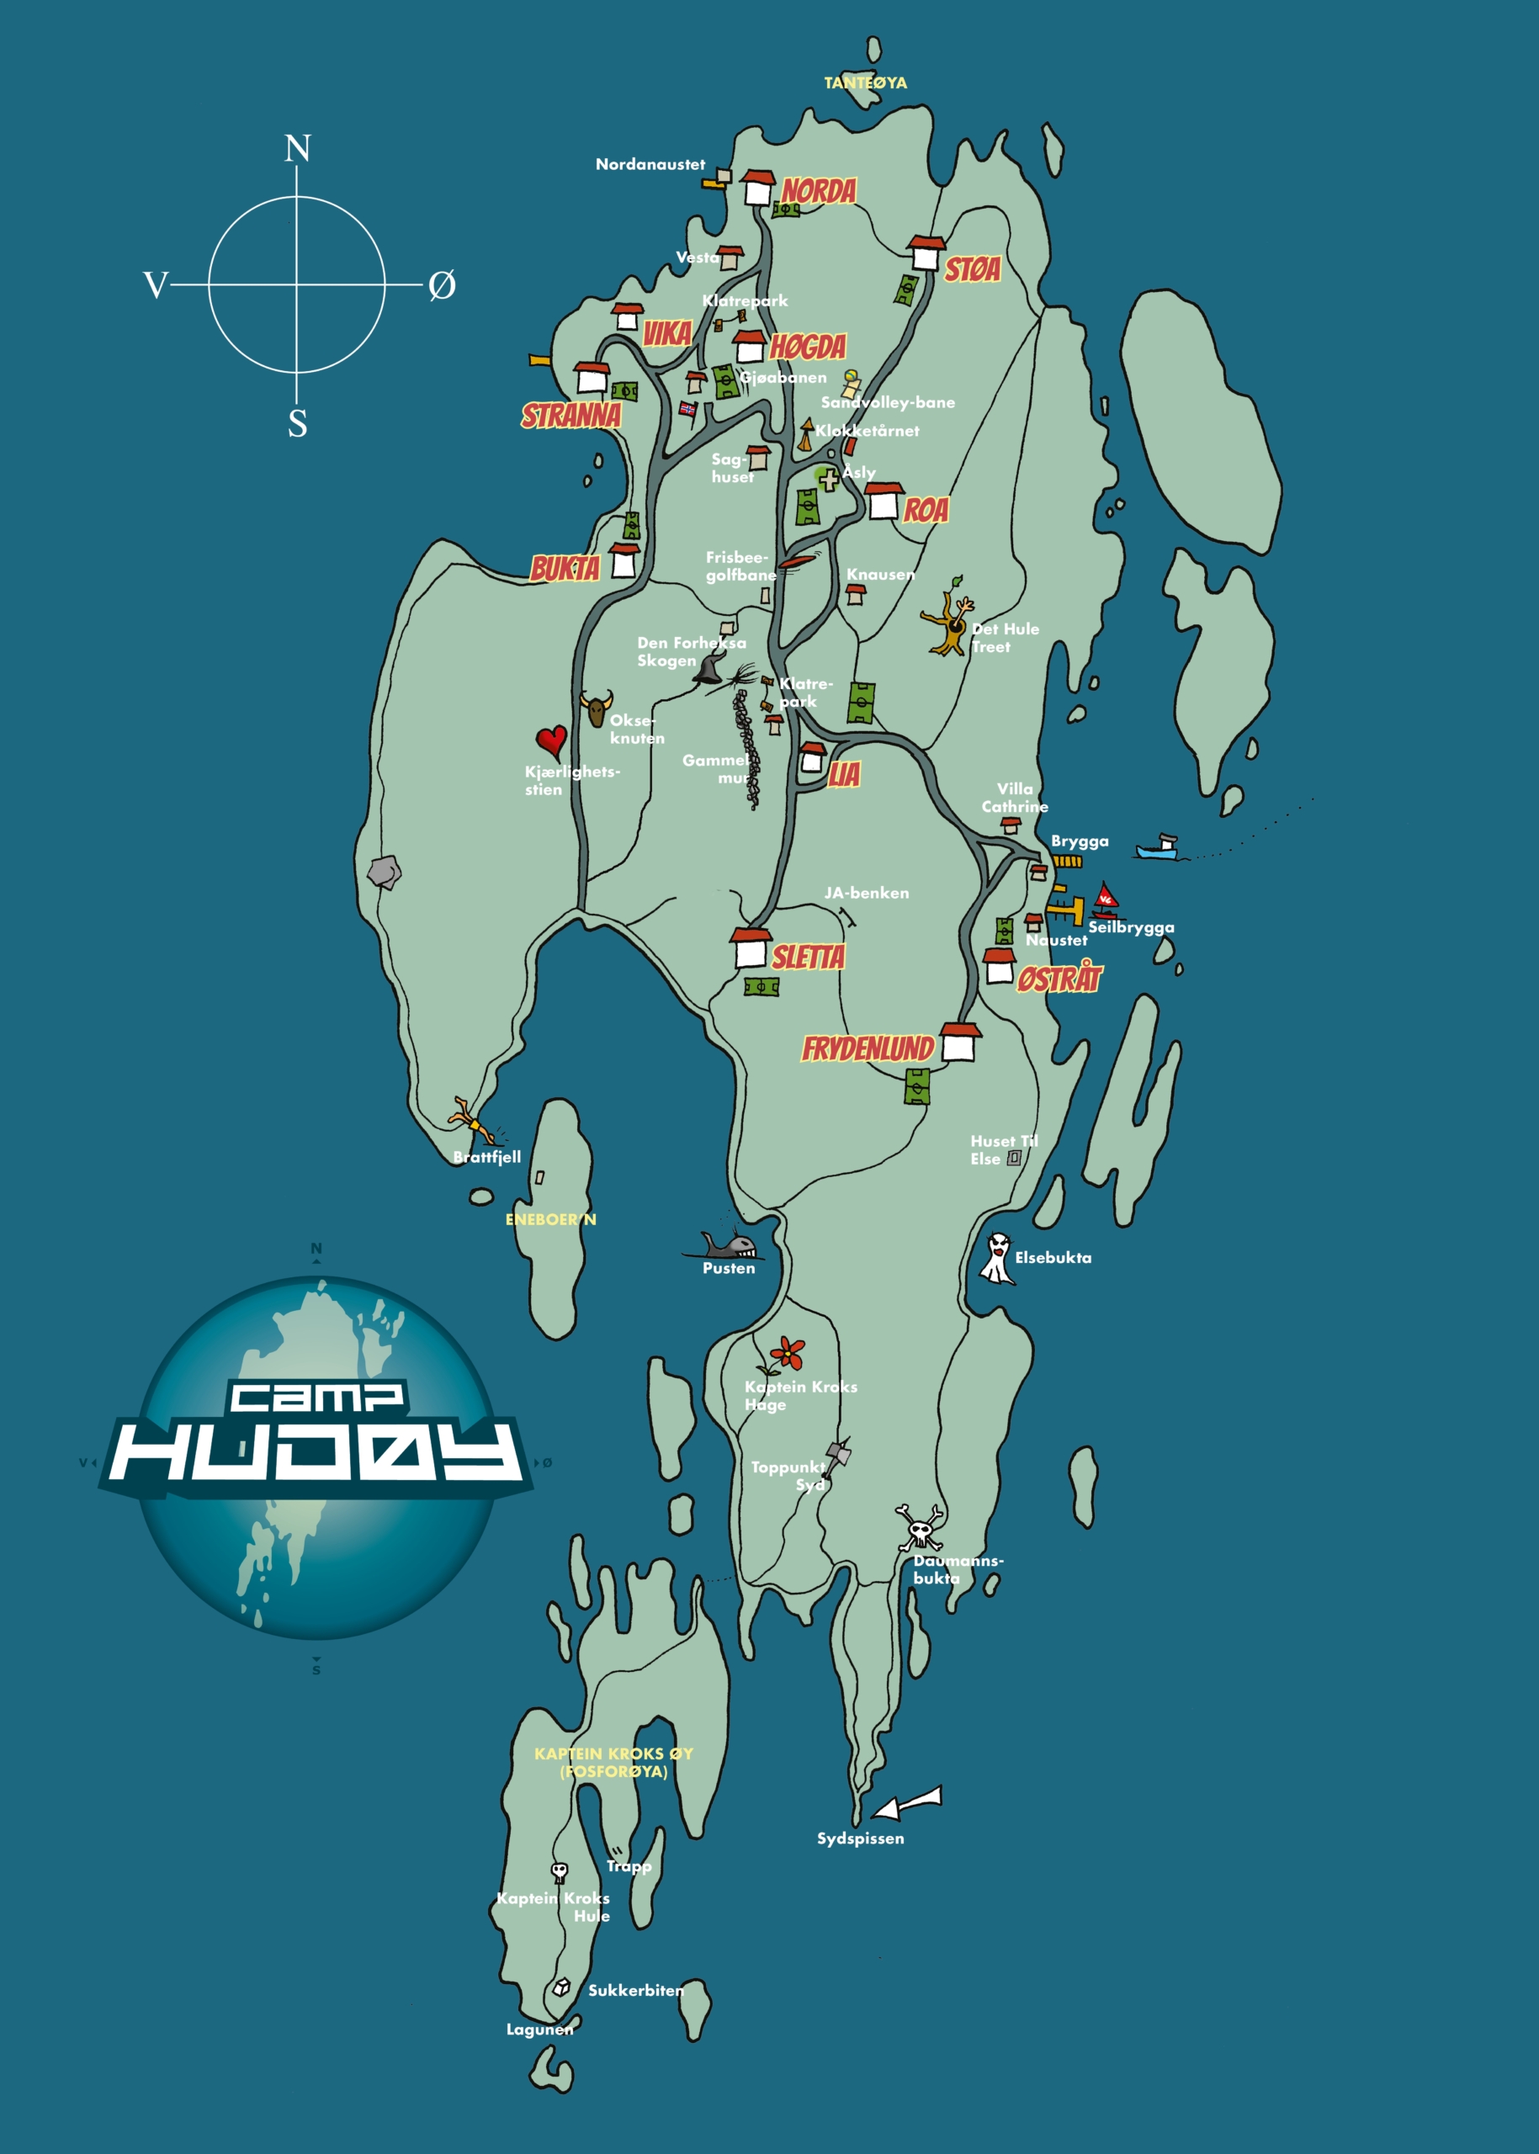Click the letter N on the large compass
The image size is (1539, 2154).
coord(298,149)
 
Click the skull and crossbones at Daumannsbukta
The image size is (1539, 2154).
coord(919,1526)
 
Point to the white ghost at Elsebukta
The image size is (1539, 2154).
coord(997,1258)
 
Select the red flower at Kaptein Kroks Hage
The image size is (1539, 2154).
coord(786,1353)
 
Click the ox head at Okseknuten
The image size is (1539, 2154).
coord(596,707)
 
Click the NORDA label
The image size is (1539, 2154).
coord(819,192)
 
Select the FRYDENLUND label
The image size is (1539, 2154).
coord(868,1049)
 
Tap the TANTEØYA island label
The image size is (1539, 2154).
coord(865,83)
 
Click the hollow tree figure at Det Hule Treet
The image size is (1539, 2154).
coord(947,623)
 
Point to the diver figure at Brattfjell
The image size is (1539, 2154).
coord(474,1120)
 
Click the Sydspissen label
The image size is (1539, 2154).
coord(861,1838)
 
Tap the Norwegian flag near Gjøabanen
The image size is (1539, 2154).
coord(688,410)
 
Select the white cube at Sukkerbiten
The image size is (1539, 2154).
coord(562,1987)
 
